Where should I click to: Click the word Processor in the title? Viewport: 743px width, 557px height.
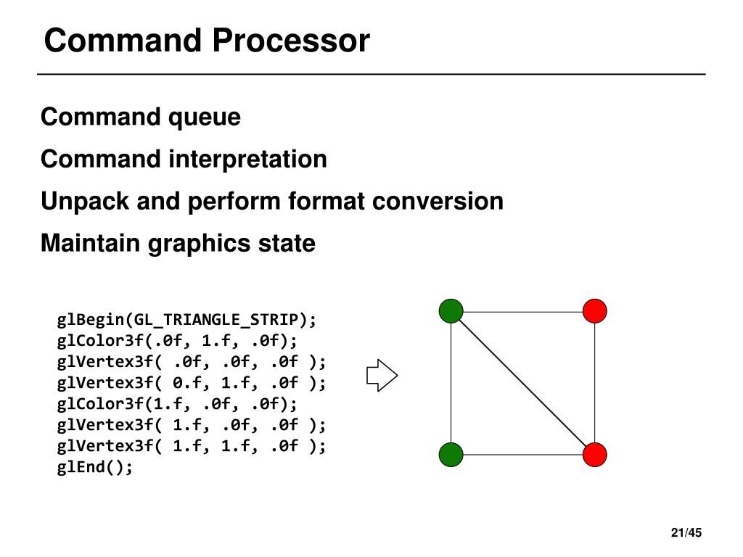291,41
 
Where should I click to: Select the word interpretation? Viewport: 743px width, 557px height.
248,159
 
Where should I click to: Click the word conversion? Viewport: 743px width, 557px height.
438,202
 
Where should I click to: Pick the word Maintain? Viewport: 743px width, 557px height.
91,243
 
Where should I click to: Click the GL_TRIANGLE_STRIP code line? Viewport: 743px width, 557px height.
186,320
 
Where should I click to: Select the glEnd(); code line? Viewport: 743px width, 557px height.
95,467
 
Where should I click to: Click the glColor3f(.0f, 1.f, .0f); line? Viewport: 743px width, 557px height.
177,341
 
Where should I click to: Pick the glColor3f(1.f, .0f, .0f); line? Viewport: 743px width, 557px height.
177,403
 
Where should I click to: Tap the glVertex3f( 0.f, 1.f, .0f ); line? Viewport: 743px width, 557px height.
192,383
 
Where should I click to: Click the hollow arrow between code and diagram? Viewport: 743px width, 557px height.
382,376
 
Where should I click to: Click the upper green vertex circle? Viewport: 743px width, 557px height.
451,310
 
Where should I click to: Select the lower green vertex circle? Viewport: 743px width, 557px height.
451,455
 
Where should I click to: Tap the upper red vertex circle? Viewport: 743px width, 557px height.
595,310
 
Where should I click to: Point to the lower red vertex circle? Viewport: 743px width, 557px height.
595,455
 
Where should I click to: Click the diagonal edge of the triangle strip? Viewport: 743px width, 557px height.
522,383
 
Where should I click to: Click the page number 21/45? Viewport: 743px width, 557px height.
686,533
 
